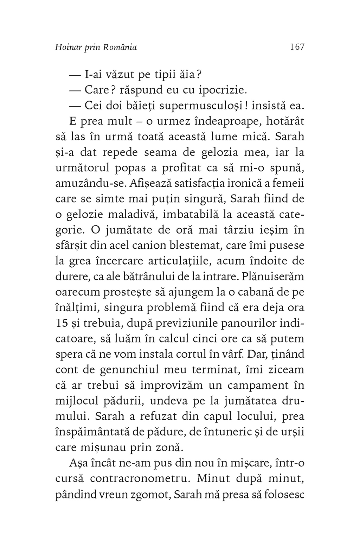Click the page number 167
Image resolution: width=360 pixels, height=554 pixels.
click(297, 47)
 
